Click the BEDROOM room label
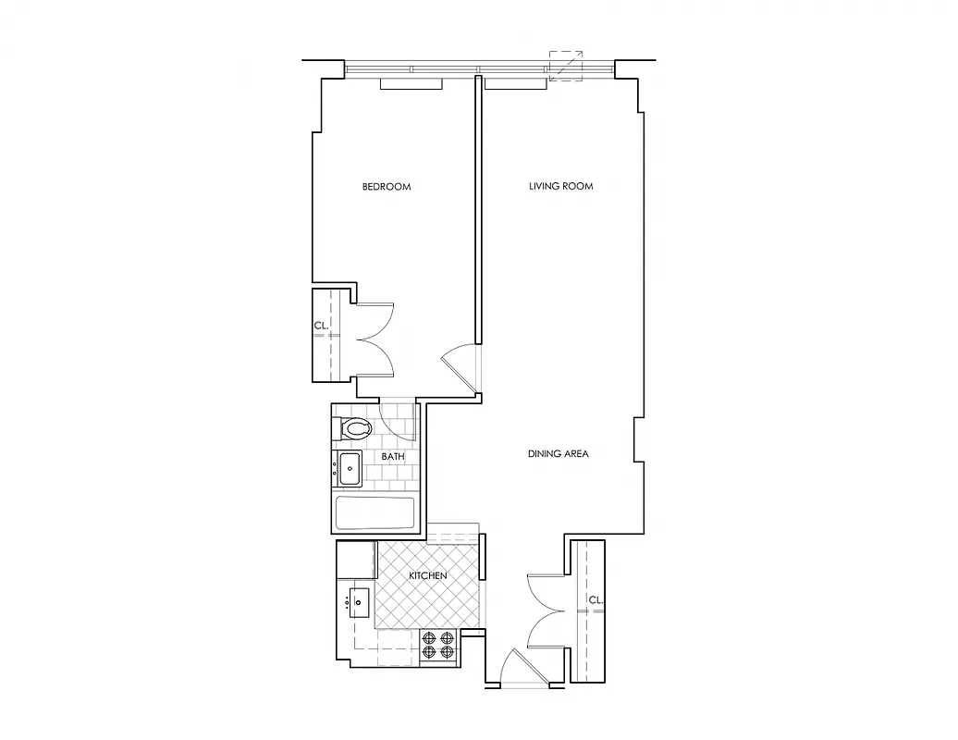point(386,187)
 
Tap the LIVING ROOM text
point(560,187)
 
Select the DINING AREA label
point(558,454)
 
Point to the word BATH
point(393,457)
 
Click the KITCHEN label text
point(428,575)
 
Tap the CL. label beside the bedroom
point(321,326)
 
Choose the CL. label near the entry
point(596,600)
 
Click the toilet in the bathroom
point(353,430)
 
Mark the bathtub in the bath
point(374,513)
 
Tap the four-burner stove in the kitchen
point(438,644)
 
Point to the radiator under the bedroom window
point(412,85)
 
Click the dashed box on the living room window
point(565,66)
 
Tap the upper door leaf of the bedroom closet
point(376,320)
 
